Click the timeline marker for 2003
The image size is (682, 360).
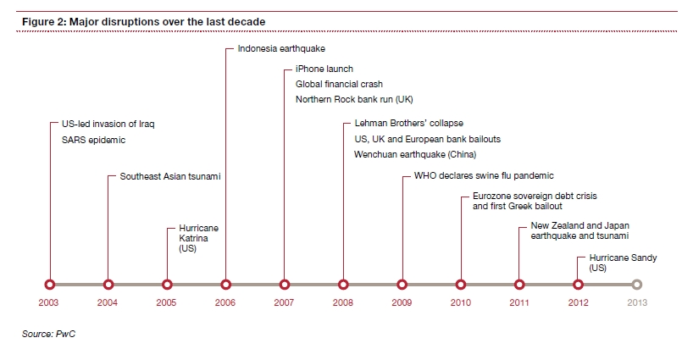[50, 285]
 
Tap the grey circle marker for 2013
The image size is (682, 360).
[637, 285]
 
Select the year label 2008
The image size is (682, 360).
[343, 302]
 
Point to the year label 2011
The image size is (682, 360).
[518, 302]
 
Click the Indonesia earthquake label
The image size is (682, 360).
[281, 48]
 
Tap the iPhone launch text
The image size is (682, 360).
[324, 69]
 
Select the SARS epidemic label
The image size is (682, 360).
[93, 140]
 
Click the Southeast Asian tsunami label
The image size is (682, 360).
[170, 176]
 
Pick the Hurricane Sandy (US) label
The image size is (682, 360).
[623, 263]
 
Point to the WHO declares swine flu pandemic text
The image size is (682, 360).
[484, 175]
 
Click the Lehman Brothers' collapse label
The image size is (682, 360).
[409, 124]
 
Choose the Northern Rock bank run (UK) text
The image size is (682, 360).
[354, 100]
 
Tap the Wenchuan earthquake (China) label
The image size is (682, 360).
[415, 154]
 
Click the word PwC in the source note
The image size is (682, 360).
[66, 334]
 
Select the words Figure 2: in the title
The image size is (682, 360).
[44, 22]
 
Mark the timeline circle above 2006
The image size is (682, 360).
[225, 285]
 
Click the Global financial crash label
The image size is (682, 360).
[339, 84]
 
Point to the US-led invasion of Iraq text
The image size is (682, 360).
[108, 124]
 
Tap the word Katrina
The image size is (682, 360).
[193, 238]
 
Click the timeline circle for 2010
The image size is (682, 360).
[461, 285]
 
